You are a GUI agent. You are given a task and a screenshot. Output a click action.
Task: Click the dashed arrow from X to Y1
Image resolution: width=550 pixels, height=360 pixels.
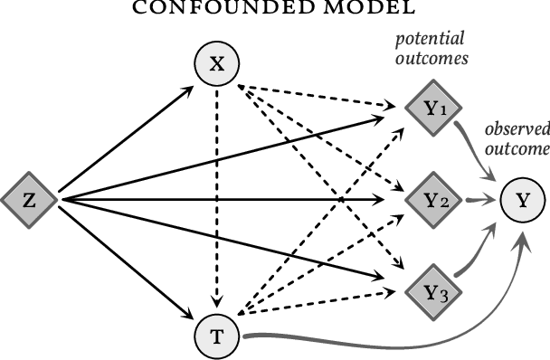click(317, 95)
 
